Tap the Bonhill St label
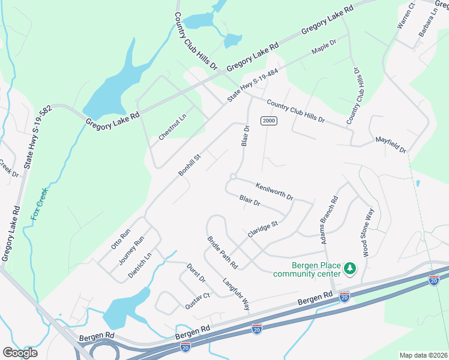pos(192,163)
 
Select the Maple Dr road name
pos(325,47)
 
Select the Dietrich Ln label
pos(140,265)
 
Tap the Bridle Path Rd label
pos(223,252)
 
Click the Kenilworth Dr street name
pos(274,191)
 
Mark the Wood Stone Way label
pos(367,233)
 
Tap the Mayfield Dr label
pos(391,143)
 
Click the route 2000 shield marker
pos(268,121)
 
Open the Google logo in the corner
pos(20,353)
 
